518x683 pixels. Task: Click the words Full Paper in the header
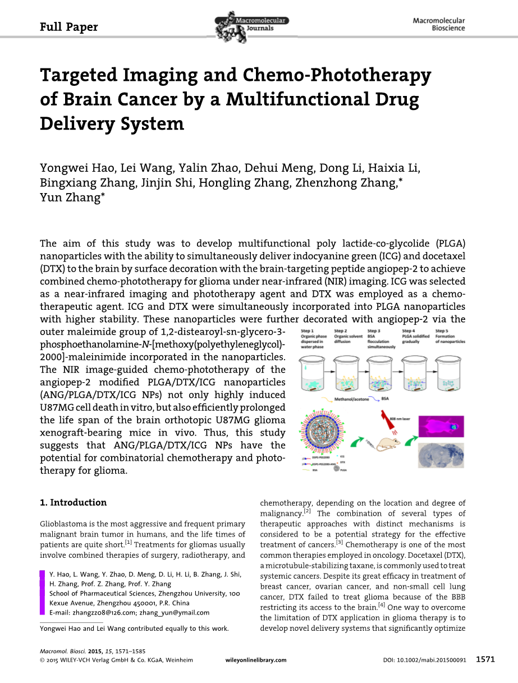click(69, 27)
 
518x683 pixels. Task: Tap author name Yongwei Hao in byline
click(72, 168)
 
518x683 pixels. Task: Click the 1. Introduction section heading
click(74, 502)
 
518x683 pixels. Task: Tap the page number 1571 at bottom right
click(485, 660)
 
